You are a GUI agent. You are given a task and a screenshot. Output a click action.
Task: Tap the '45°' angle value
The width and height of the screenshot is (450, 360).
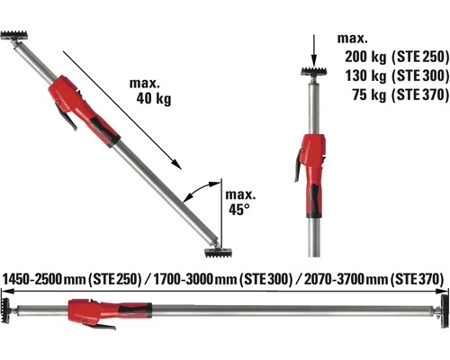[x=238, y=209]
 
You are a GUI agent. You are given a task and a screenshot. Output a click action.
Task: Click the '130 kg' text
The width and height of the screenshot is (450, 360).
[x=364, y=74]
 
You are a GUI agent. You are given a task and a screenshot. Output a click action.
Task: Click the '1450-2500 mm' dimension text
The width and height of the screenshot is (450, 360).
[x=45, y=279]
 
